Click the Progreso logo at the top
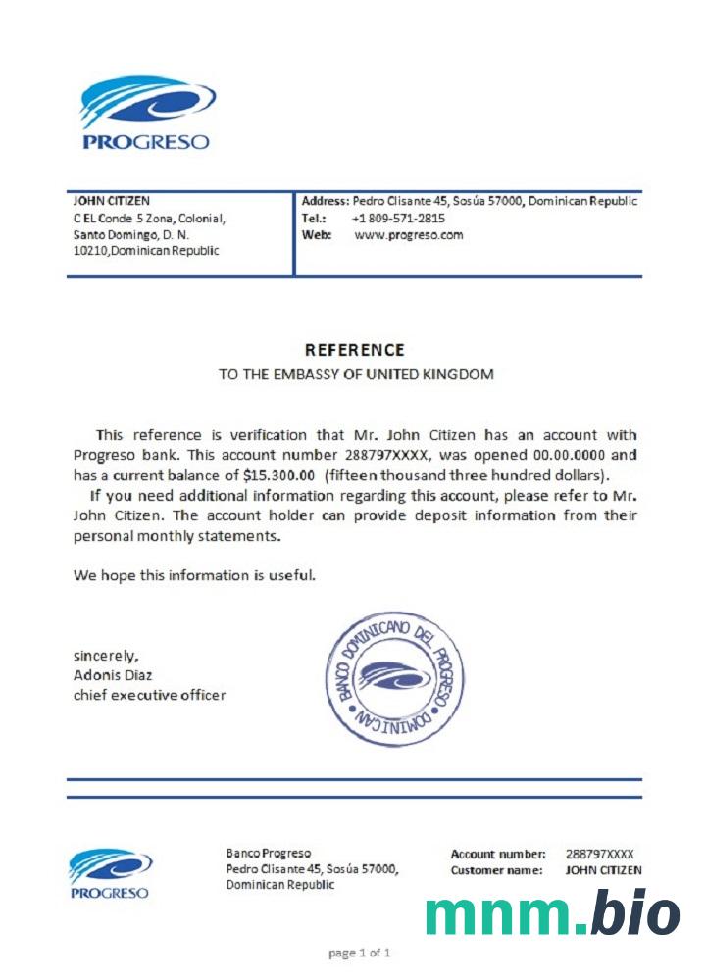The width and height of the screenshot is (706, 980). (146, 114)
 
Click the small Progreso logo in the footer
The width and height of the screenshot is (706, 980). (109, 873)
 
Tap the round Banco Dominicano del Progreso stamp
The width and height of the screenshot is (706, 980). (394, 677)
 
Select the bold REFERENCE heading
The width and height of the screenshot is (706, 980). (355, 350)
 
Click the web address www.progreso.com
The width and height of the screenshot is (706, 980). (408, 235)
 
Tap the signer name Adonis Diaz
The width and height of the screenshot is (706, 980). (113, 675)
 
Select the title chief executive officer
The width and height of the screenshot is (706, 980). (149, 695)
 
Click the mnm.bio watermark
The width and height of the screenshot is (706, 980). (552, 913)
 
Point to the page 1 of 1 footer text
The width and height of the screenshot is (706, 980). (360, 952)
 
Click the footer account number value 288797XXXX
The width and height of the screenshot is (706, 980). (599, 855)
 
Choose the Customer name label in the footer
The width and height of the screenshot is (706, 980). (496, 870)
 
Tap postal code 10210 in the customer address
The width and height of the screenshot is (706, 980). (91, 251)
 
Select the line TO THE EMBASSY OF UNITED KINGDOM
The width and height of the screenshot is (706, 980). (355, 374)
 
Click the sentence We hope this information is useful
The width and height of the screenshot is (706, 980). (194, 575)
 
